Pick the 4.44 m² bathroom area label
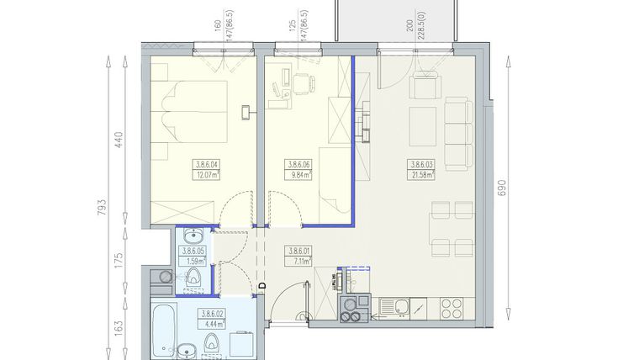pyautogui.click(x=210, y=323)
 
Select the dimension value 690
pyautogui.click(x=502, y=187)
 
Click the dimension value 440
pyautogui.click(x=119, y=139)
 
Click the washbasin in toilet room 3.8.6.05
pyautogui.click(x=193, y=236)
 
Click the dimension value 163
pyautogui.click(x=119, y=325)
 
